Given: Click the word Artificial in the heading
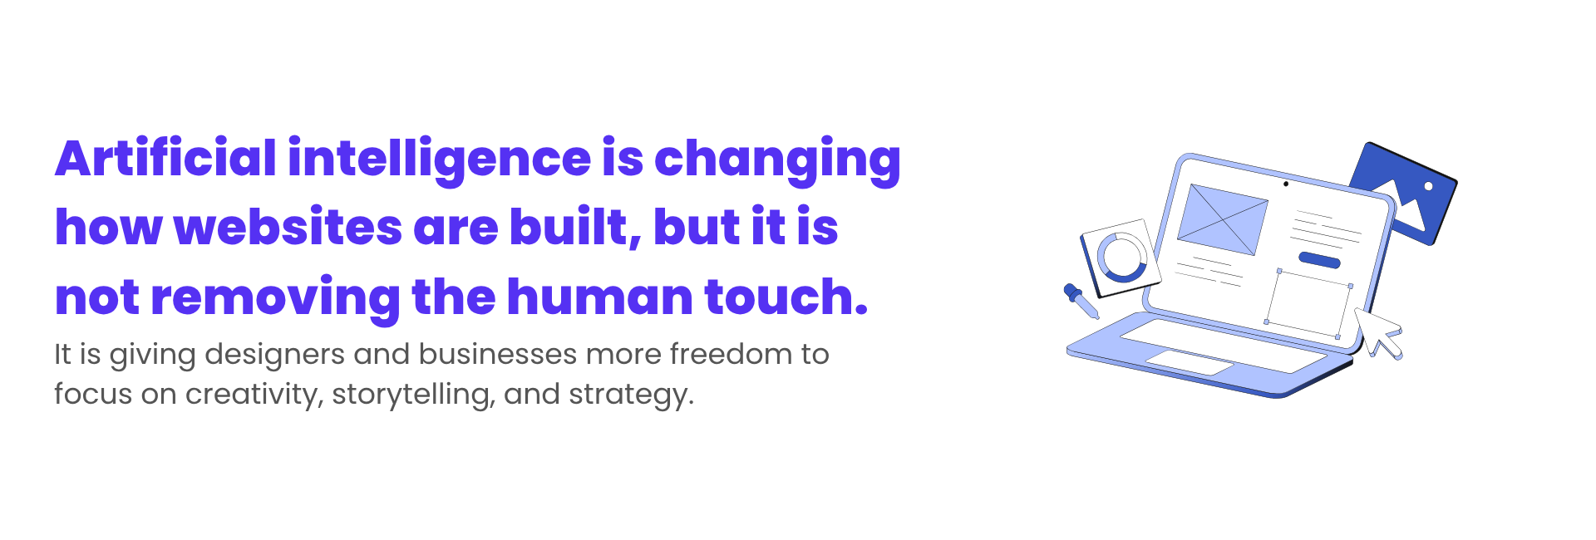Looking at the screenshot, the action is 165,158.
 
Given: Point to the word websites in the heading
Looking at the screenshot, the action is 288,227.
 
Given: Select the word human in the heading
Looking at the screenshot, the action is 599,297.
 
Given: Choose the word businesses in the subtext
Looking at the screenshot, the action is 498,354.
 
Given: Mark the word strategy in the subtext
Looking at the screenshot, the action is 631,395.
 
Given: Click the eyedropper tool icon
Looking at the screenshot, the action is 1081,301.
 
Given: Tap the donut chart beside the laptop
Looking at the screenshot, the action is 1122,258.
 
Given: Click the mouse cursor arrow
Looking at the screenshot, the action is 1378,333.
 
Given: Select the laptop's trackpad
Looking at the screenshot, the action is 1190,362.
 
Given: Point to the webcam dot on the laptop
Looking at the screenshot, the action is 1286,184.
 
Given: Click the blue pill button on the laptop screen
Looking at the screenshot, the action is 1319,260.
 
